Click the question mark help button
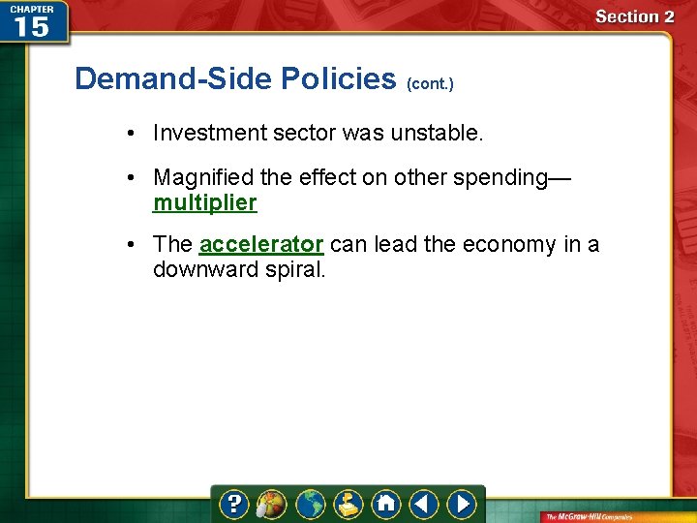pos(233,505)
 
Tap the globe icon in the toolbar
pos(310,505)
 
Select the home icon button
pos(386,505)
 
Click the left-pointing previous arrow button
pos(424,505)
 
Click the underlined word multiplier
pos(205,203)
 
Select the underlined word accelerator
pos(261,244)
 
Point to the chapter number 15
pos(31,26)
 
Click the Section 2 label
pos(634,16)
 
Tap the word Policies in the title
pos(338,78)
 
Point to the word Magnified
pos(199,178)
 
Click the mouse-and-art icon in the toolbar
pos(270,505)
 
